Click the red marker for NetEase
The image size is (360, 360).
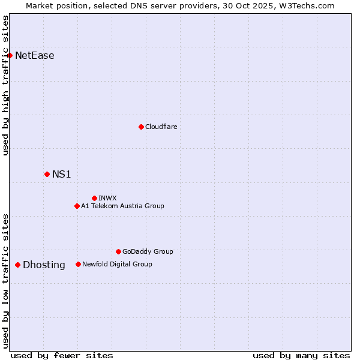(x=10, y=56)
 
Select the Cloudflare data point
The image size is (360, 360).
(x=141, y=127)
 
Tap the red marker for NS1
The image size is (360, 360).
(x=47, y=174)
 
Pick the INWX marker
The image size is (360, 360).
(x=94, y=198)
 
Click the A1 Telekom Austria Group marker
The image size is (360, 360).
(x=77, y=206)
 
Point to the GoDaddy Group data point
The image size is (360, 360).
(x=118, y=251)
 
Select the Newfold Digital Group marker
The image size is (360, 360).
(x=78, y=264)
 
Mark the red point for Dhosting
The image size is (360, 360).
(x=17, y=265)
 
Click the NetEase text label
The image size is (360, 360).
(x=35, y=56)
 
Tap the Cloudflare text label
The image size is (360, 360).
(x=161, y=127)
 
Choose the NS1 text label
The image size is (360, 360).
(x=62, y=174)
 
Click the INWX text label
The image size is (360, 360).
(x=108, y=198)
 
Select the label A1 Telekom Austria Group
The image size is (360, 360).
(x=122, y=206)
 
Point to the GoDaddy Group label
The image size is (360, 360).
(x=148, y=251)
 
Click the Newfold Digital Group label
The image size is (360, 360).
(x=117, y=264)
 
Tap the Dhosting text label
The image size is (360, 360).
(x=44, y=265)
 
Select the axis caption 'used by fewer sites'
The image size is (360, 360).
(x=62, y=355)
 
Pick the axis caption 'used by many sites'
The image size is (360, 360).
(x=301, y=355)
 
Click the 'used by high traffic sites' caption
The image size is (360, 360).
(x=6, y=85)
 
